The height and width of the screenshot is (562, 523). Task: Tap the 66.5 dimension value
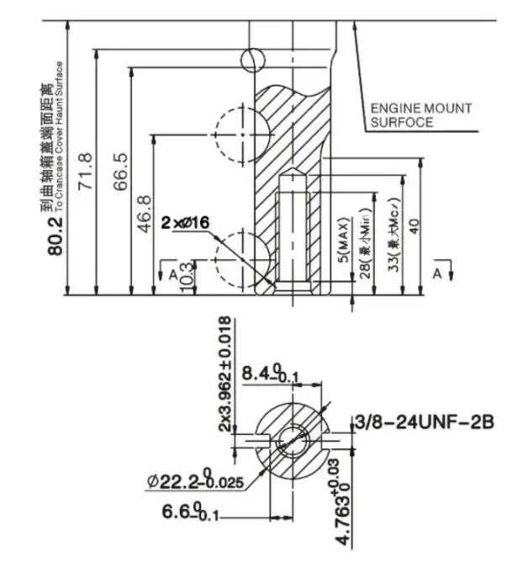(120, 171)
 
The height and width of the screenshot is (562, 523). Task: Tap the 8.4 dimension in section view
(266, 372)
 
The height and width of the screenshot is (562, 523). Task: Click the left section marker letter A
(172, 274)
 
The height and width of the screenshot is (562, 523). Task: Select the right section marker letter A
(436, 274)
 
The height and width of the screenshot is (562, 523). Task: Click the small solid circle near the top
(251, 58)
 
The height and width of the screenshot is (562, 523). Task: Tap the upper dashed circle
(241, 134)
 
